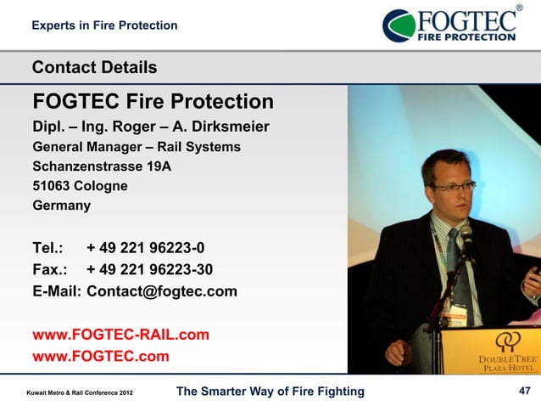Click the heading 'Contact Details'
tap(94, 67)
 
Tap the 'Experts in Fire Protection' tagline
tap(104, 25)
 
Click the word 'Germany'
tap(61, 206)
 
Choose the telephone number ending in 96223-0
tap(145, 249)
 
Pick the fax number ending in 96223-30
tap(149, 270)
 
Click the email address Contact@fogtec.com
tap(162, 292)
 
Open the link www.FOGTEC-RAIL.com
tap(120, 335)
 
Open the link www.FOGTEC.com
tap(100, 356)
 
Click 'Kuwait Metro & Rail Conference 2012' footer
tap(79, 392)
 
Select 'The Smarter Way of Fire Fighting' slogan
tap(269, 391)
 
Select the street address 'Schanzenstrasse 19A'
tap(102, 166)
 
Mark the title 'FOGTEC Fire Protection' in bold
tap(153, 103)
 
